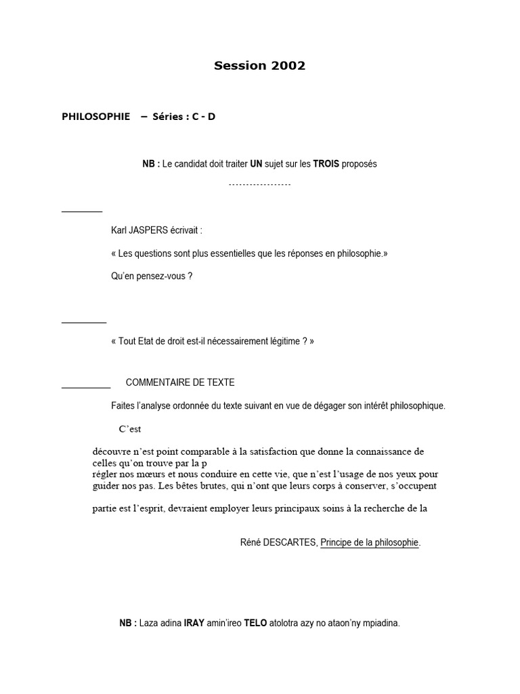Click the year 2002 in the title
pyautogui.click(x=289, y=66)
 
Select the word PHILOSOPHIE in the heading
pyautogui.click(x=95, y=117)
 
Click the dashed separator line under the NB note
pyautogui.click(x=259, y=184)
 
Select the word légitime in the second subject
pyautogui.click(x=282, y=342)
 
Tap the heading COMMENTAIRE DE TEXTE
pyautogui.click(x=180, y=383)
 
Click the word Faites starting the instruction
pyautogui.click(x=123, y=406)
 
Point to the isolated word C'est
pyautogui.click(x=130, y=429)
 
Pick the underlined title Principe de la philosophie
pyautogui.click(x=370, y=543)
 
